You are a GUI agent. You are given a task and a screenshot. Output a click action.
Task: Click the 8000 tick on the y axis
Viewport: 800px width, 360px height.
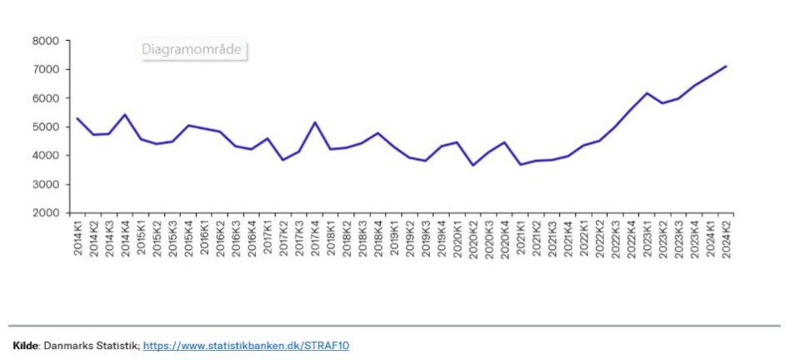[46, 41]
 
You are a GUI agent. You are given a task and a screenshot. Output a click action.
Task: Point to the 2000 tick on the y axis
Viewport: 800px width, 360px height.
[46, 213]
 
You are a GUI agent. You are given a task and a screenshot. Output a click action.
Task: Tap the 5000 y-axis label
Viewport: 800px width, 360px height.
[46, 127]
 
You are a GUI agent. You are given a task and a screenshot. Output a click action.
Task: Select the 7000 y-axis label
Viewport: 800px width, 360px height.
[46, 70]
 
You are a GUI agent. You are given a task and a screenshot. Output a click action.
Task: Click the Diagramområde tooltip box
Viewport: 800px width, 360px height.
[192, 50]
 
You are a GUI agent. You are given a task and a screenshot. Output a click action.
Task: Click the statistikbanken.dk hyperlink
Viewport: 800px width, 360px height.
[246, 345]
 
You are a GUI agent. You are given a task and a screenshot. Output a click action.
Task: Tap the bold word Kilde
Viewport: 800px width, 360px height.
[26, 345]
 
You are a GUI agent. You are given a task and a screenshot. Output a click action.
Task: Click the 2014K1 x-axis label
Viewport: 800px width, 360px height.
[77, 237]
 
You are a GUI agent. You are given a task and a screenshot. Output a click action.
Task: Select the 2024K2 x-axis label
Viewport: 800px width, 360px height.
[727, 237]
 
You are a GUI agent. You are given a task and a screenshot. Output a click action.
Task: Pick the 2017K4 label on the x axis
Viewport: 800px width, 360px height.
[315, 237]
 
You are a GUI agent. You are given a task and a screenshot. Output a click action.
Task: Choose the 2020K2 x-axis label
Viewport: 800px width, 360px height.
[473, 237]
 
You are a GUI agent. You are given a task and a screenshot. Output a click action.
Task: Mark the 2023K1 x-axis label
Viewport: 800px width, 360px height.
[647, 237]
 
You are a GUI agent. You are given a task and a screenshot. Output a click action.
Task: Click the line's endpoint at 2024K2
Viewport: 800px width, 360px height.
[727, 66]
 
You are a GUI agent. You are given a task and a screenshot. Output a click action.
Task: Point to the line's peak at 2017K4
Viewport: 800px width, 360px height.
[315, 122]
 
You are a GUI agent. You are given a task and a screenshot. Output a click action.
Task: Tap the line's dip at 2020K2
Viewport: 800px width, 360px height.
[473, 165]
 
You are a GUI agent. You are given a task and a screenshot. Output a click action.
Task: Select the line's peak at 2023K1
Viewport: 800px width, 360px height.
[647, 93]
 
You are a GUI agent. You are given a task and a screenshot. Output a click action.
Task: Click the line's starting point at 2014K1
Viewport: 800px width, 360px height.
[77, 118]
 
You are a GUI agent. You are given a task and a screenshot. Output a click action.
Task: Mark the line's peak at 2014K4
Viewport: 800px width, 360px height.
[125, 115]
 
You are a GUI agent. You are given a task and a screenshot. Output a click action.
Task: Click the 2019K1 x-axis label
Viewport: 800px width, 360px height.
[394, 237]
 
